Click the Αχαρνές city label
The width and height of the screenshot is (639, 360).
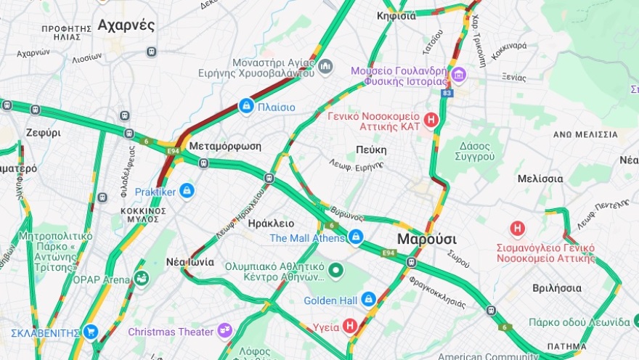coord(126,25)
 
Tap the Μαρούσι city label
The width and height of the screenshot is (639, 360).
coord(426,240)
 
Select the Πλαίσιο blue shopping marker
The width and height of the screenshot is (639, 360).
coord(247,107)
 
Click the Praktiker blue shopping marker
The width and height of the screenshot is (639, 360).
coord(187,192)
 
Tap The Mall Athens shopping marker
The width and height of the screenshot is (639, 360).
coord(355,237)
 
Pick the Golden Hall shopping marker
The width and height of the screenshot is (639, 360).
coord(369,299)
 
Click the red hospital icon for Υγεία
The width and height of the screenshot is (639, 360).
coord(350,327)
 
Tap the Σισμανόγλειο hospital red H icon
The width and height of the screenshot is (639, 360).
coord(518,229)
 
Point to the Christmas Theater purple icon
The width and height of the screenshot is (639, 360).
coord(225,332)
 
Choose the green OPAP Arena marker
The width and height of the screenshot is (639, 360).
coord(141,279)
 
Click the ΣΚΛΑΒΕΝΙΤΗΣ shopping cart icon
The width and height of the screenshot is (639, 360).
coord(90,332)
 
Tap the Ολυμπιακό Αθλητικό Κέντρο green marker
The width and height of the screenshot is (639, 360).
coord(335,271)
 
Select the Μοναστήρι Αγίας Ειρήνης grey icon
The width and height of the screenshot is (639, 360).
coord(325,67)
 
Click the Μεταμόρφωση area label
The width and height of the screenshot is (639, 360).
coord(224,146)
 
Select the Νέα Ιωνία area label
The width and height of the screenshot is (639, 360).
coord(190,262)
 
